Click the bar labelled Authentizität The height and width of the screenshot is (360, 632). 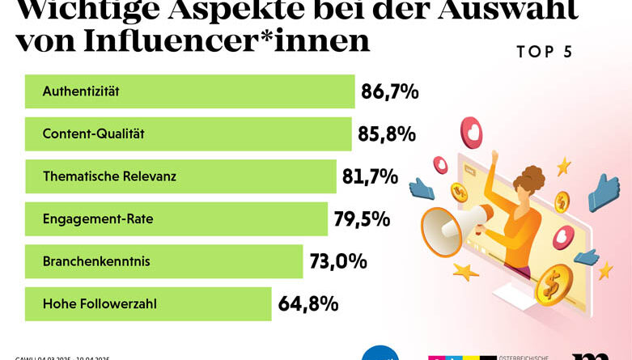(190, 91)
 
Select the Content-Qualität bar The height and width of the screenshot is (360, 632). (188, 133)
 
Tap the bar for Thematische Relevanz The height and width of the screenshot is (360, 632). (180, 176)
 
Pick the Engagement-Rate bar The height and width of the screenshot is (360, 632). (176, 219)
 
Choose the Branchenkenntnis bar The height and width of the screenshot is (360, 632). (163, 261)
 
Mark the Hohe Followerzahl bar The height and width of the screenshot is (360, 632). (148, 304)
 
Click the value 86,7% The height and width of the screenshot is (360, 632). (390, 91)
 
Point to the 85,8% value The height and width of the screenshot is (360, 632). (387, 133)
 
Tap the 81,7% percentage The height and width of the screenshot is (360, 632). (371, 176)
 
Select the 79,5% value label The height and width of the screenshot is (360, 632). (362, 219)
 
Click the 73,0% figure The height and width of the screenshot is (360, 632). (338, 261)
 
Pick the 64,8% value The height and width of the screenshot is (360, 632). (308, 304)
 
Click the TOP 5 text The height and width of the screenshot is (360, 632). (544, 52)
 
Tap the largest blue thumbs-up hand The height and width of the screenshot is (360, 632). (603, 192)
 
